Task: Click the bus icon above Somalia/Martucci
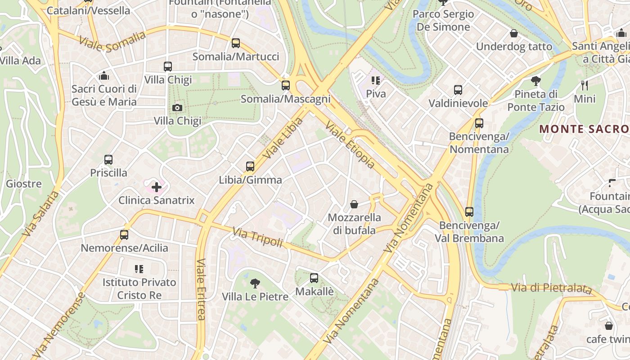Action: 236,43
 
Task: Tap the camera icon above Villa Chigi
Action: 177,108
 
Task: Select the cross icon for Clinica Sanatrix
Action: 157,187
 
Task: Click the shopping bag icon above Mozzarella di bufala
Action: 354,205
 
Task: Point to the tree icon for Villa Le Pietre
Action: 255,283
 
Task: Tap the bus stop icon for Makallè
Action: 314,278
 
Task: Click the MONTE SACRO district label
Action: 584,129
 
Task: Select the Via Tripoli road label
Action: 257,237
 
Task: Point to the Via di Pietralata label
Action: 551,288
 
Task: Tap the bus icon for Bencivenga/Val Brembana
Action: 469,211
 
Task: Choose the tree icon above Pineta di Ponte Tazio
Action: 535,81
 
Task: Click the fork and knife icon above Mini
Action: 585,85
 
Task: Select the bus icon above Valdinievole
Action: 458,90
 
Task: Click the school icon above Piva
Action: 376,81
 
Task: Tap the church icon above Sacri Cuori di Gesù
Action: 104,75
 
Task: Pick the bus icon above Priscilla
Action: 108,160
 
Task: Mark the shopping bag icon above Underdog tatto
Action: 514,33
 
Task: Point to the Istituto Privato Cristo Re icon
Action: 139,269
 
